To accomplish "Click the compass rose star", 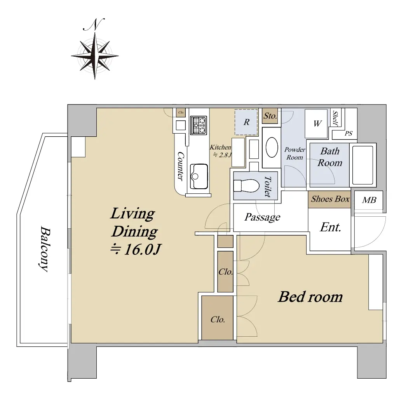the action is pyautogui.click(x=95, y=56).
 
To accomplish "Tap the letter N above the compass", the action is pyautogui.click(x=94, y=24).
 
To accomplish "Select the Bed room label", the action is pyautogui.click(x=310, y=297).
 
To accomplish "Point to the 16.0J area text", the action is pyautogui.click(x=136, y=250).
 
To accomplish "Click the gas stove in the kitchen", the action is pyautogui.click(x=199, y=125).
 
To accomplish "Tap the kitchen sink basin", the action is pyautogui.click(x=199, y=176).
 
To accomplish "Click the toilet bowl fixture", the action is pyautogui.click(x=246, y=186).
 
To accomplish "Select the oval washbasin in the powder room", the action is pyautogui.click(x=272, y=147).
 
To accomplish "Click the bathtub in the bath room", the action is pyautogui.click(x=362, y=165).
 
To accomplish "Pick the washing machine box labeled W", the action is pyautogui.click(x=316, y=124).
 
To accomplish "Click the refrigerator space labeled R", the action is pyautogui.click(x=246, y=122).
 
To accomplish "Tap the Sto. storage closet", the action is pyautogui.click(x=270, y=116).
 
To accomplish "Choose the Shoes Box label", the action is pyautogui.click(x=330, y=199).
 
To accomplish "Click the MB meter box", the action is pyautogui.click(x=369, y=200).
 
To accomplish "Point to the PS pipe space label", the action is pyautogui.click(x=348, y=133).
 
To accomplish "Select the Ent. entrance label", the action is pyautogui.click(x=331, y=227).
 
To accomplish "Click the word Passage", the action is pyautogui.click(x=262, y=217).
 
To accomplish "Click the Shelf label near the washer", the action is pyautogui.click(x=335, y=118).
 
